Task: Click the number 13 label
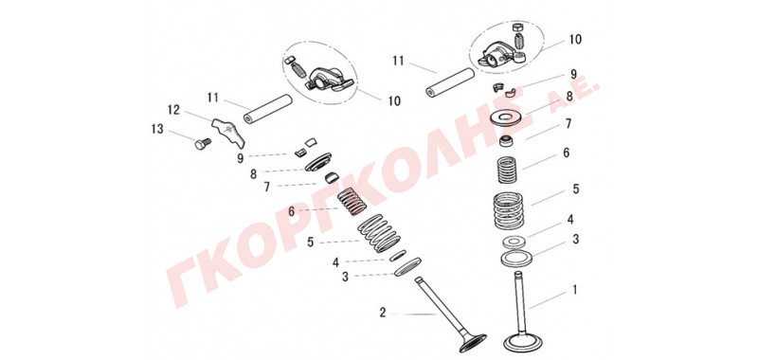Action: point(157,130)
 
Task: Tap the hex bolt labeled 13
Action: point(203,143)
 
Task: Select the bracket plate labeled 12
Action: point(228,130)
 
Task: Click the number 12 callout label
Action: point(173,110)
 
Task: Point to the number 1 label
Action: point(575,290)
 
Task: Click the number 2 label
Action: point(383,314)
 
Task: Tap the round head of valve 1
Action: point(522,342)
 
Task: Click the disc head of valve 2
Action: point(472,343)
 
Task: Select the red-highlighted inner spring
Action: point(351,201)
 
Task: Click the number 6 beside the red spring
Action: point(291,211)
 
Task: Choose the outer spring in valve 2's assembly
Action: point(380,233)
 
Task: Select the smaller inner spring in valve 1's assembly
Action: point(508,171)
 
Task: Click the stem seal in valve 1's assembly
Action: point(507,142)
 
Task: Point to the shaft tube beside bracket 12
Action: point(268,109)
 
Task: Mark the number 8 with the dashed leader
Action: point(253,174)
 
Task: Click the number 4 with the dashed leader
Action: point(335,262)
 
